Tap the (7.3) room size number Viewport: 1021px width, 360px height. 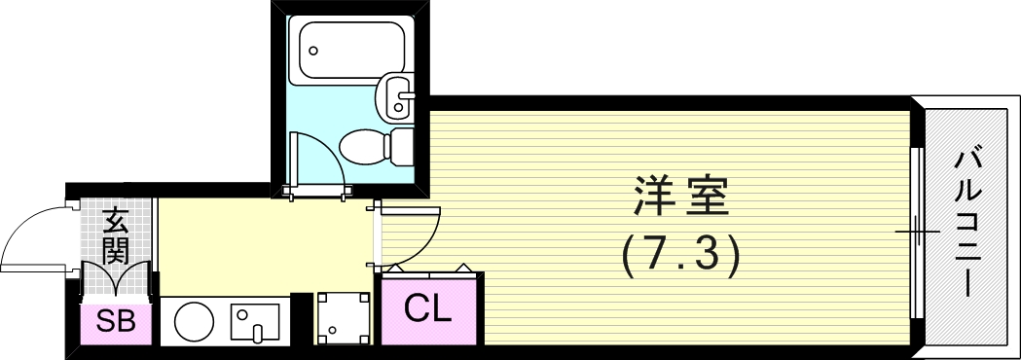[681, 255]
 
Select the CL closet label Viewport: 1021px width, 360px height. [428, 310]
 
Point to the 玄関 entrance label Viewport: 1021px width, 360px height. [116, 235]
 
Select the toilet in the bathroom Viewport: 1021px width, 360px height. [365, 147]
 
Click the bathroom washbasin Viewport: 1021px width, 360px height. [397, 97]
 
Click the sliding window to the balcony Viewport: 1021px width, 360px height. [915, 232]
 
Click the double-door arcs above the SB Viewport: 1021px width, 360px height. [116, 280]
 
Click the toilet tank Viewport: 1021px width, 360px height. [402, 147]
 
